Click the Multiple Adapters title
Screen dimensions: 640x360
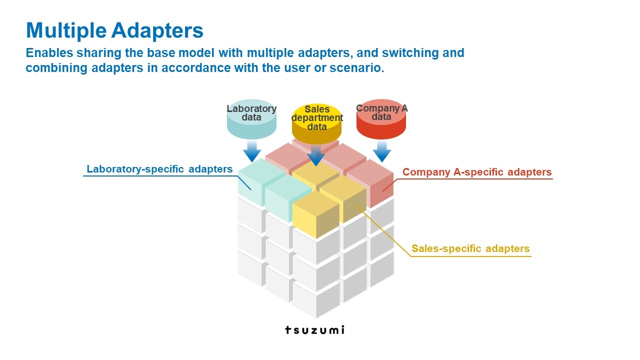point(114,30)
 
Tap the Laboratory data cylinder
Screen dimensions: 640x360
point(251,119)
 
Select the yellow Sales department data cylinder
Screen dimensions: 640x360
point(316,123)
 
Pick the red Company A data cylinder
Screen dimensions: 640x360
point(381,119)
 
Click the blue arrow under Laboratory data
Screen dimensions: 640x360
point(252,151)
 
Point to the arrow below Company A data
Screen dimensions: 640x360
point(382,151)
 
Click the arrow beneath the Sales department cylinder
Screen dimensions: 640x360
point(316,155)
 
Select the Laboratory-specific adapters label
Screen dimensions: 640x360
point(159,169)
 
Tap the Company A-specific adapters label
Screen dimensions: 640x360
point(477,172)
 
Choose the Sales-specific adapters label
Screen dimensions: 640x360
point(470,248)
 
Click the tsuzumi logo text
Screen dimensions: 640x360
point(315,330)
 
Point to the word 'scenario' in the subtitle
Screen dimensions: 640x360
point(357,68)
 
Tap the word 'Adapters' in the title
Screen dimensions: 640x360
point(157,30)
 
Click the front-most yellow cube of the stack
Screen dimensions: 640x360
point(316,214)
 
